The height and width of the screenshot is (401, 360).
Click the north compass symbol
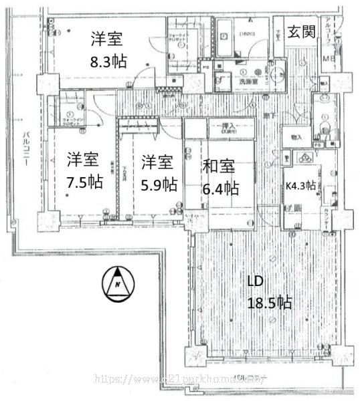[x=118, y=283]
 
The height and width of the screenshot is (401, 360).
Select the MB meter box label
[x=329, y=61]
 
